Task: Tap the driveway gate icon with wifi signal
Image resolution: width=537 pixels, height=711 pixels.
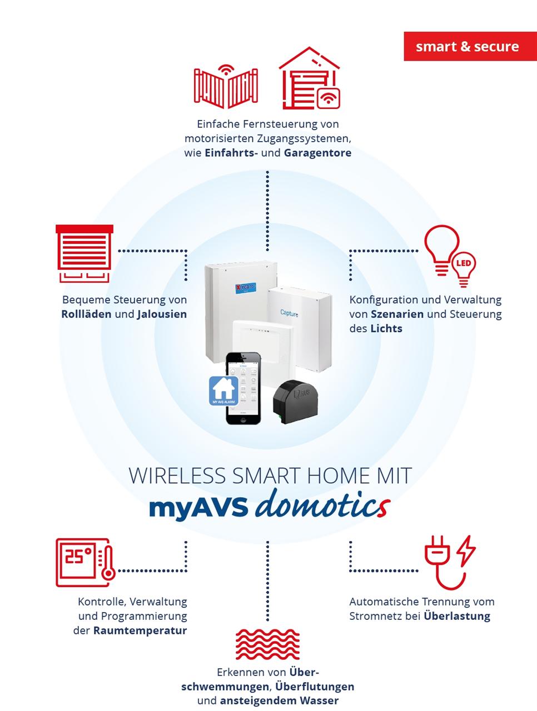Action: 226,87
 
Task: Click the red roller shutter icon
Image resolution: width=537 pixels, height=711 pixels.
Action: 84,254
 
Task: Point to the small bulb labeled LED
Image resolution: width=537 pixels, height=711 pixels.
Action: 463,266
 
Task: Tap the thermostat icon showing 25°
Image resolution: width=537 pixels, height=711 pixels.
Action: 84,562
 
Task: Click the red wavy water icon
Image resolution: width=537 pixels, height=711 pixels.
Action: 267,645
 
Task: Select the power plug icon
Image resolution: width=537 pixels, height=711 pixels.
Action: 449,562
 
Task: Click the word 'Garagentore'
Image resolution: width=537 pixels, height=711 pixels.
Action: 317,153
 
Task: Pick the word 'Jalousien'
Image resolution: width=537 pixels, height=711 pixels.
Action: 162,314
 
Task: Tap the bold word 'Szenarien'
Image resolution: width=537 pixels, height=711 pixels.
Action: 397,314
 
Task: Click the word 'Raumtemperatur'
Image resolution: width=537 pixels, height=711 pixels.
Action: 140,630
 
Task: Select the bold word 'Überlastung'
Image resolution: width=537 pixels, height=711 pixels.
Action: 457,616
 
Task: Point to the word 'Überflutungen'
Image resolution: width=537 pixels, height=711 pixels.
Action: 315,687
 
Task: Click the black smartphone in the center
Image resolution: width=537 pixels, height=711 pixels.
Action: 243,389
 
